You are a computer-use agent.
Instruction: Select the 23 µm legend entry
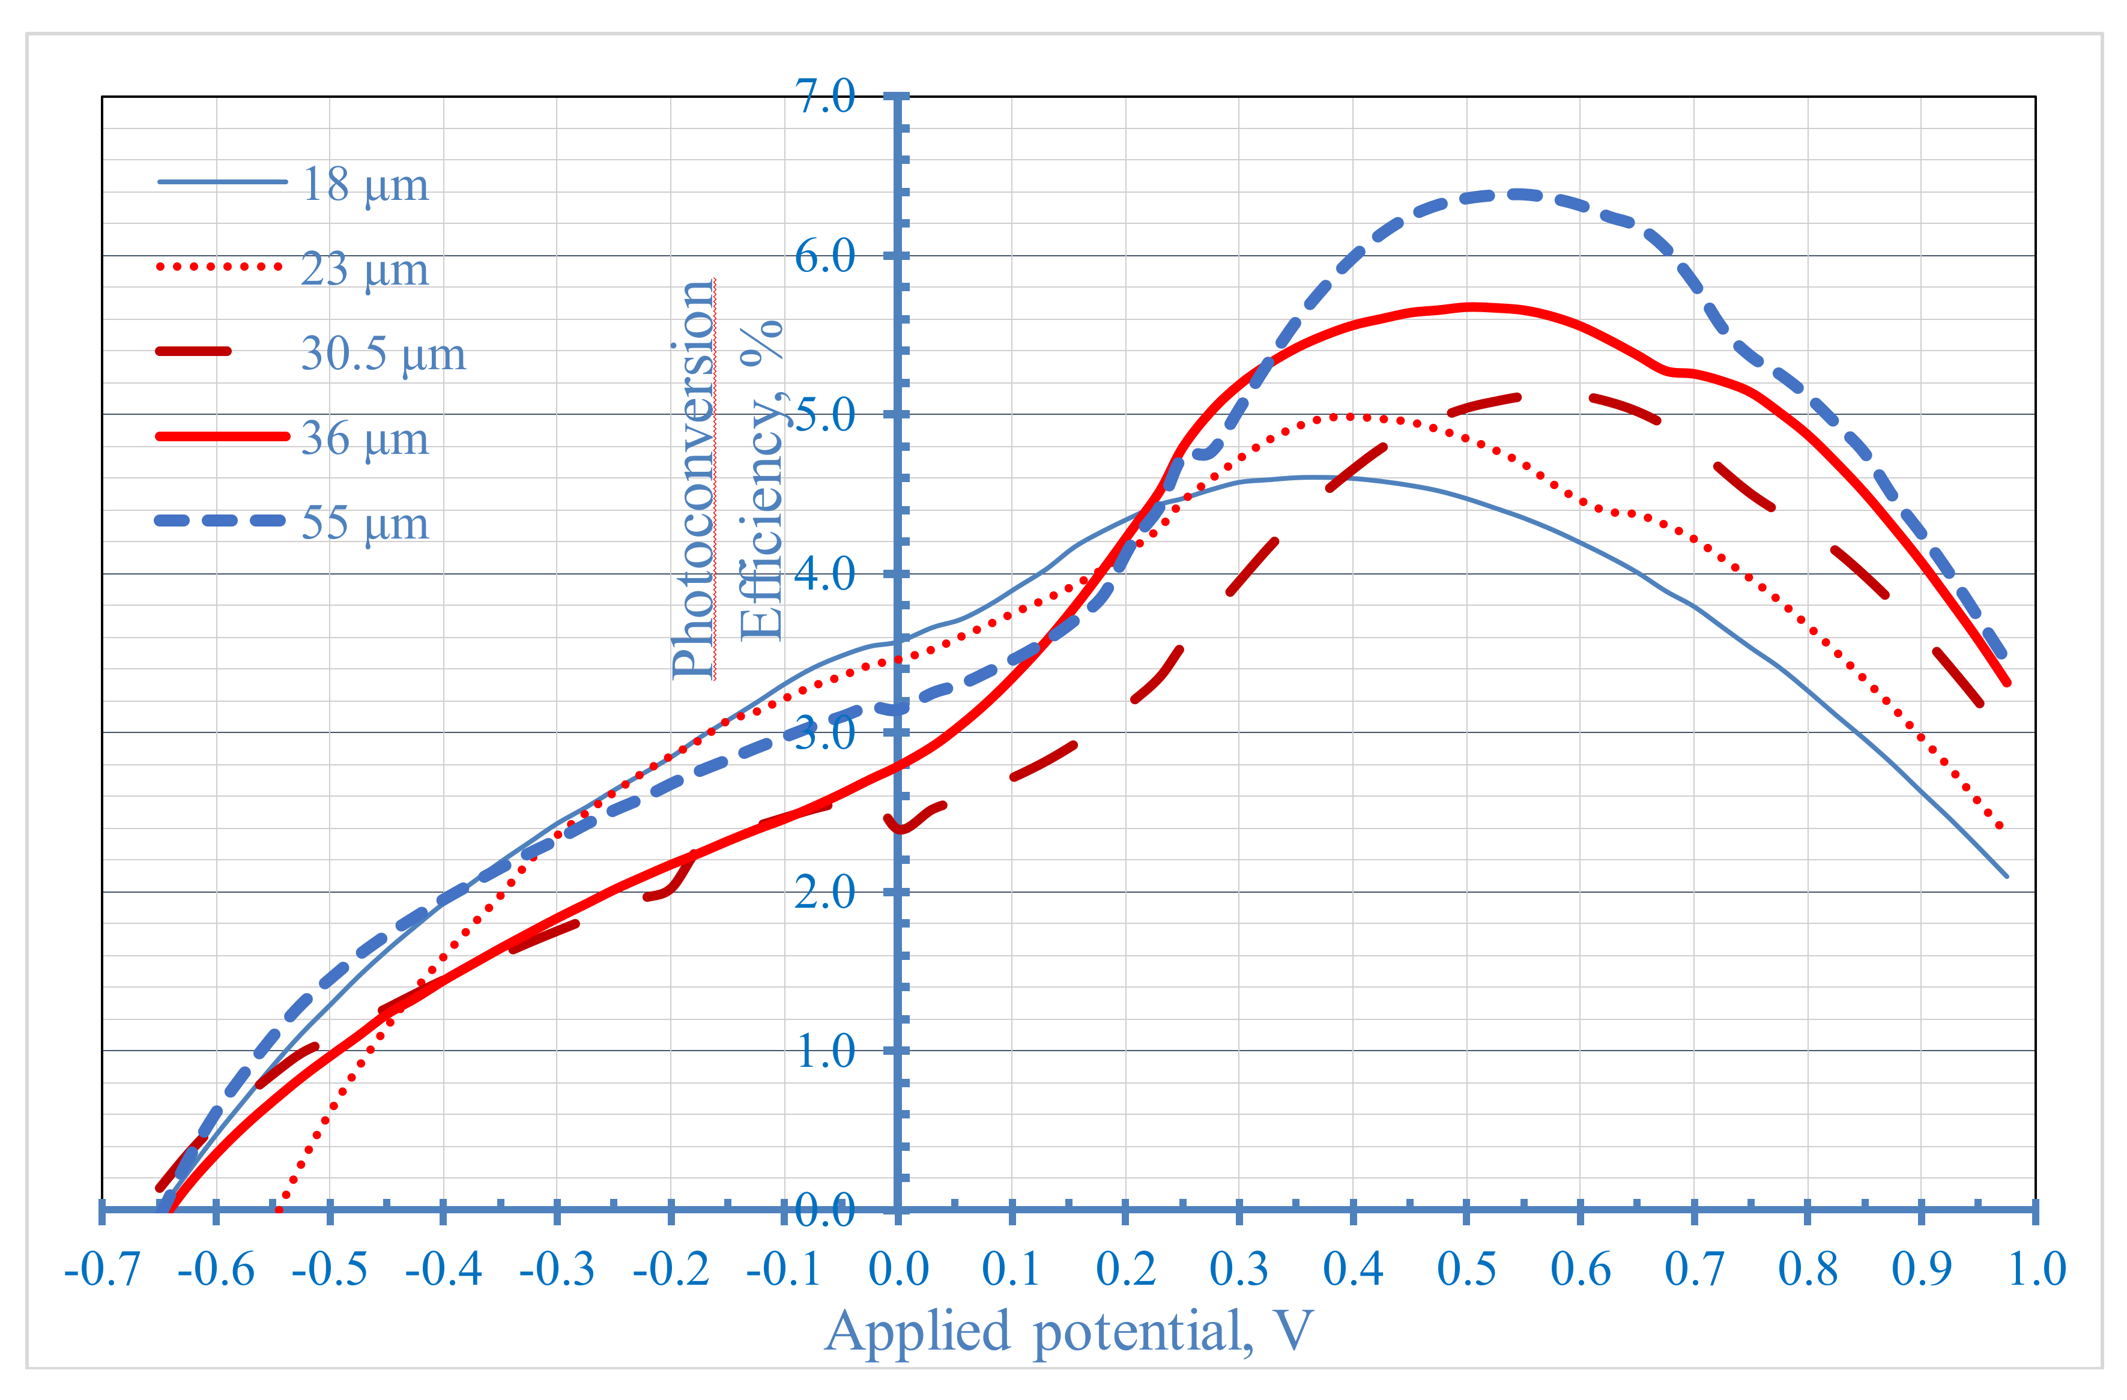click(x=365, y=269)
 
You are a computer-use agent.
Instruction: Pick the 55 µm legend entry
click(x=365, y=523)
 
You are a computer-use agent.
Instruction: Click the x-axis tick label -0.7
click(x=102, y=1269)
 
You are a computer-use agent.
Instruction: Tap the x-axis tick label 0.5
click(x=1466, y=1269)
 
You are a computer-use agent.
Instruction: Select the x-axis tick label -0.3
click(x=557, y=1269)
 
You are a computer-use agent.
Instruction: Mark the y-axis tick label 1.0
click(x=825, y=1052)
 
